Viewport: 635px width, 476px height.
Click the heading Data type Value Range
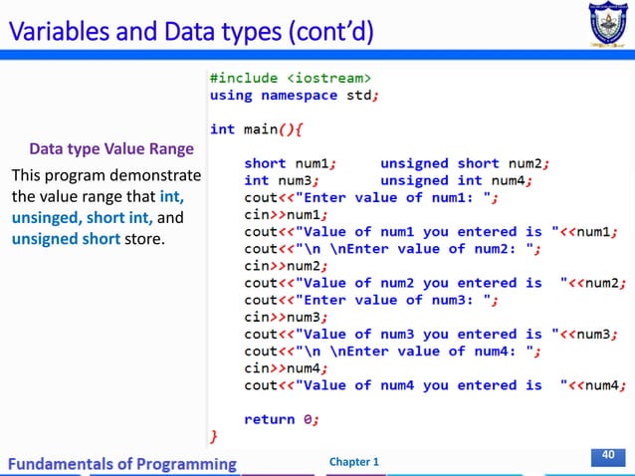click(111, 150)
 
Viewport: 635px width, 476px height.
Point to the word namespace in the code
click(299, 96)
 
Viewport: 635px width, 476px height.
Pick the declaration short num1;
click(291, 162)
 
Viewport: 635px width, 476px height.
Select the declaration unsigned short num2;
click(465, 162)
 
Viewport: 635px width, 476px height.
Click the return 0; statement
click(282, 419)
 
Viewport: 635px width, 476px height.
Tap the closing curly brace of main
click(212, 436)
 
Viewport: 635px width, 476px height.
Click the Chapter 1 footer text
click(353, 462)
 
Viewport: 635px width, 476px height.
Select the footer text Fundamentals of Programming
click(123, 463)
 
